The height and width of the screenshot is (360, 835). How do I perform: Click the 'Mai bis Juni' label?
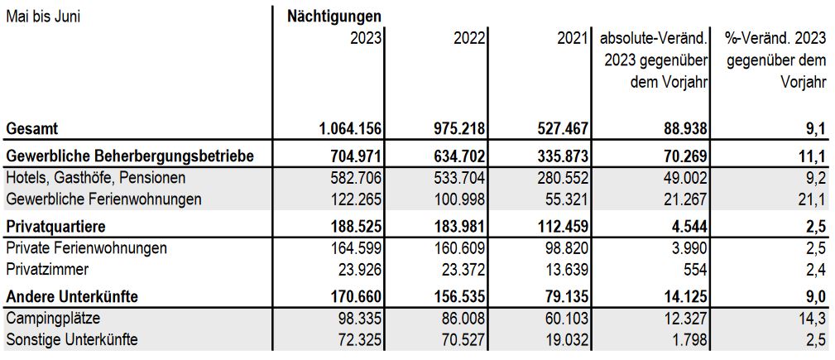click(x=43, y=17)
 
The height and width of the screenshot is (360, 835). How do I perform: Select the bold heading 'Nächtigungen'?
click(x=334, y=17)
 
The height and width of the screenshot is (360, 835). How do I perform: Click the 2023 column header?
click(x=366, y=39)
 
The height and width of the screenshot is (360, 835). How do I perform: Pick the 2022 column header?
click(x=469, y=39)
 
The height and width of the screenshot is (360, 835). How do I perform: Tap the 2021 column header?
click(x=573, y=39)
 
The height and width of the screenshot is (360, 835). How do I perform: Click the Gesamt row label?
click(x=31, y=128)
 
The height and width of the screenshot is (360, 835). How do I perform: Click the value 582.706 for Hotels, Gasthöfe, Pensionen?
click(x=354, y=177)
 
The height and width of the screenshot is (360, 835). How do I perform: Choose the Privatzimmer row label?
click(x=47, y=270)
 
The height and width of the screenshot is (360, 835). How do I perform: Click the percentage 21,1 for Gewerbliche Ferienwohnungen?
click(x=814, y=199)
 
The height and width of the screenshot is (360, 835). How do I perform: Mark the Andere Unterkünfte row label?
click(x=72, y=296)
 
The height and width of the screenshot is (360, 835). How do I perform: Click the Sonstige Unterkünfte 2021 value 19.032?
click(x=565, y=340)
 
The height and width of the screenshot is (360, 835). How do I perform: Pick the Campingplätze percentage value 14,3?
click(x=814, y=319)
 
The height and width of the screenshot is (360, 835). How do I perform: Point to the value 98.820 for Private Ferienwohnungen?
click(x=565, y=248)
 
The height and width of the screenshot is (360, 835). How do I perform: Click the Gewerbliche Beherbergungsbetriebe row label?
click(x=130, y=156)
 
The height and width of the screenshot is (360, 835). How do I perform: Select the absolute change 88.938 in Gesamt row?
click(x=683, y=128)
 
